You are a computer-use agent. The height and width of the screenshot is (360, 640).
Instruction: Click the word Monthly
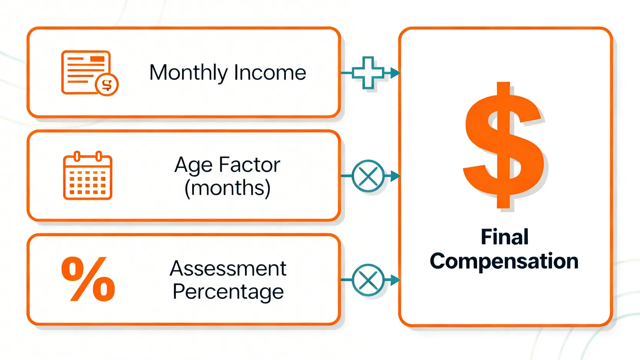[x=188, y=73]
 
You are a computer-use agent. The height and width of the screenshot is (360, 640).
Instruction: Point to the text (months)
[x=227, y=188]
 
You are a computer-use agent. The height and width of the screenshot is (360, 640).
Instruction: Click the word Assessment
[x=228, y=269]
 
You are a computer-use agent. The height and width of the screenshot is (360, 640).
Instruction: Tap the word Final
[x=504, y=237]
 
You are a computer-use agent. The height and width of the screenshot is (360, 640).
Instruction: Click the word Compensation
[x=504, y=261]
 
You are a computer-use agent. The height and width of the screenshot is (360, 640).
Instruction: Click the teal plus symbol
[x=368, y=73]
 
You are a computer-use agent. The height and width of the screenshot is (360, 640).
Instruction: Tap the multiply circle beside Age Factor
[x=368, y=176]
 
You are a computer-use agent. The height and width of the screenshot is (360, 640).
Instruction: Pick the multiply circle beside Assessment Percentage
[x=368, y=280]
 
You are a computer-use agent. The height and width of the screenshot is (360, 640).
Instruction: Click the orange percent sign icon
[x=88, y=279]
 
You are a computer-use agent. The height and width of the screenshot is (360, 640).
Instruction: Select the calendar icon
[x=88, y=175]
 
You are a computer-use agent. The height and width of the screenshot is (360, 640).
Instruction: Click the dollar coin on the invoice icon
[x=107, y=85]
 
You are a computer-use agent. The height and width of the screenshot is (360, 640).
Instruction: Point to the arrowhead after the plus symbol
[x=395, y=73]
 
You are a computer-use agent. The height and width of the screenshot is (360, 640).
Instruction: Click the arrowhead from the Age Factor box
[x=395, y=176]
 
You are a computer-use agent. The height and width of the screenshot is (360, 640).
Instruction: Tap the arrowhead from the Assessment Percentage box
[x=395, y=280]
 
